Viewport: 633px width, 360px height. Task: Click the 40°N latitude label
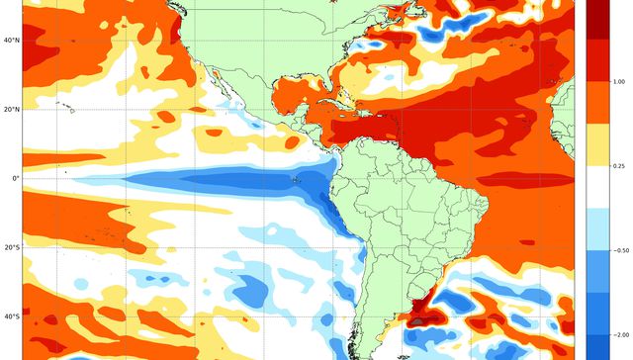[x=10, y=40]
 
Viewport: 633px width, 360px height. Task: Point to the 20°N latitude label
[x=10, y=109]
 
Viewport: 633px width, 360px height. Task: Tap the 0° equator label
[x=15, y=178]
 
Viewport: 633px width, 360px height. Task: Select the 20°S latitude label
[x=10, y=247]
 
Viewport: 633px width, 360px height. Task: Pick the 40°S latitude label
[x=10, y=316]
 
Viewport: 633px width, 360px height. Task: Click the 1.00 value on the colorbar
[x=618, y=81]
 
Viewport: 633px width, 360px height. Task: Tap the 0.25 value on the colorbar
[x=618, y=166]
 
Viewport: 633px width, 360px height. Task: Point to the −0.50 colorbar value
[x=618, y=250]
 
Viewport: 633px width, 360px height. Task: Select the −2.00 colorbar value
[x=618, y=335]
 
